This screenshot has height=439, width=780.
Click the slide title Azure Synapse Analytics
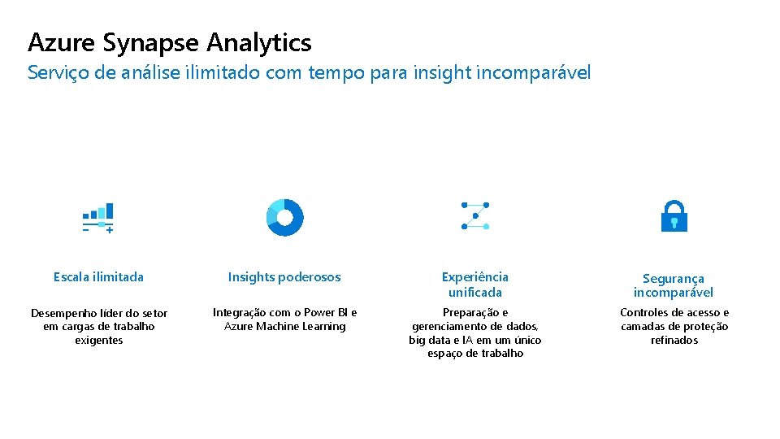pos(169,41)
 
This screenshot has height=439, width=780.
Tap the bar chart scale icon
pos(97,218)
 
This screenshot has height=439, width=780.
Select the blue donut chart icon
pos(284,217)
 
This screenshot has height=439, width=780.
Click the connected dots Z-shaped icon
pos(475,215)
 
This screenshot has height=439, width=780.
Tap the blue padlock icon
pos(674,216)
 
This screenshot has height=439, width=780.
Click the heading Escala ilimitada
pos(98,277)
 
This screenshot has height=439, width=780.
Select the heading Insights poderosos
pos(284,277)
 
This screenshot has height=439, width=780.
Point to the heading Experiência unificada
pos(475,285)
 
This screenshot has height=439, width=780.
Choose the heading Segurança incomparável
pos(674,285)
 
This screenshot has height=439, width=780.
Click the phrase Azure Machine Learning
pos(284,326)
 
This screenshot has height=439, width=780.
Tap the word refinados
pos(674,340)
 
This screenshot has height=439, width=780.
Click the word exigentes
pos(98,340)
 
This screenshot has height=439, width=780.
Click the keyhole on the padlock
pos(674,222)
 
